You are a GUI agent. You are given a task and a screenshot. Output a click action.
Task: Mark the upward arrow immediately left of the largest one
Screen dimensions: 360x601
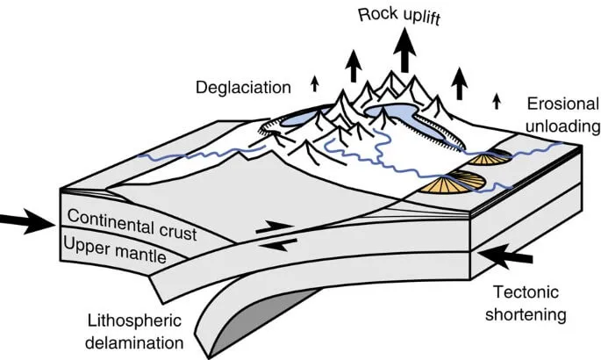click(353, 67)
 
